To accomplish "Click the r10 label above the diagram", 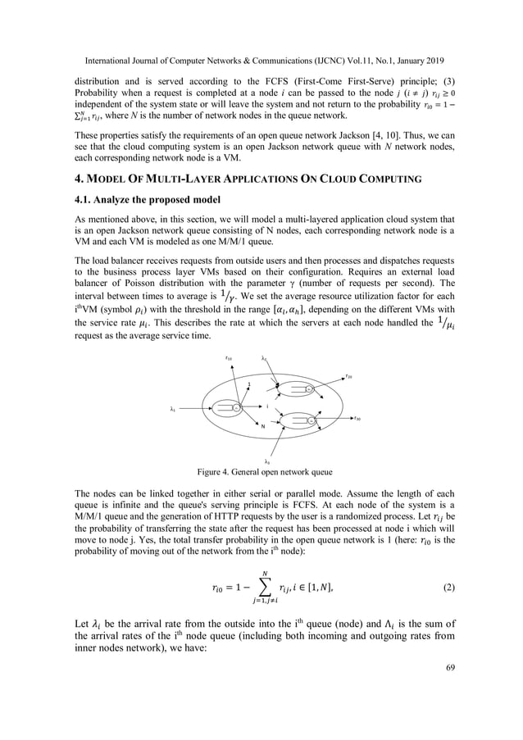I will [x=228, y=358].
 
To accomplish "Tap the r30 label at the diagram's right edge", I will [x=358, y=418].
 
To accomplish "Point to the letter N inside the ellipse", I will [x=263, y=425].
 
